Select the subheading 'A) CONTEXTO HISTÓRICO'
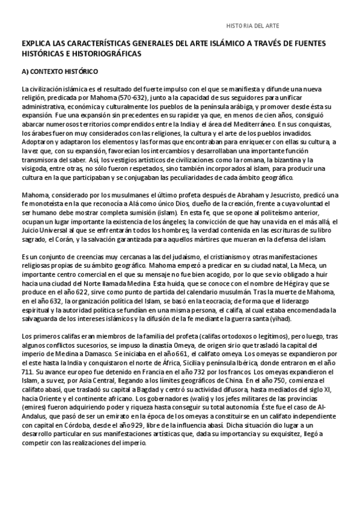click(59, 71)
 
